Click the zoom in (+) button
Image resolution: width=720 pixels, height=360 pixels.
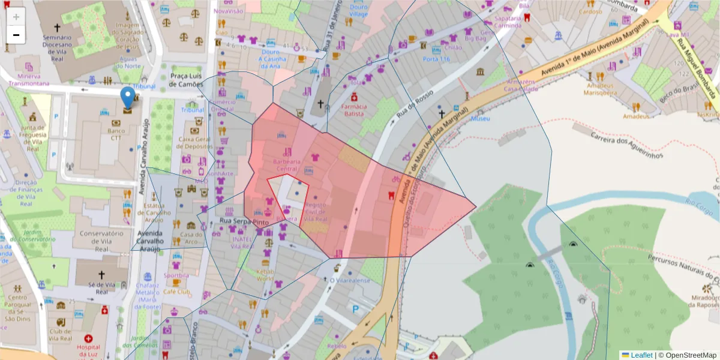(16, 17)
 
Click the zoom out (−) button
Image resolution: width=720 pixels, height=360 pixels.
(16, 35)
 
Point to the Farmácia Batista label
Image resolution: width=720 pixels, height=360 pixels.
(354, 110)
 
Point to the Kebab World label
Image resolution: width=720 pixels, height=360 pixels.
(265, 274)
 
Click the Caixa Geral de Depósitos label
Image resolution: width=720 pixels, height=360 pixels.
(196, 142)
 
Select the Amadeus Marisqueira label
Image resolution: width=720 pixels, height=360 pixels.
(601, 89)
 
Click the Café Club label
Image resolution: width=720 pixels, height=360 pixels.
(176, 292)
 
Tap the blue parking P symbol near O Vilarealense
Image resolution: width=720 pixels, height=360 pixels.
(355, 310)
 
